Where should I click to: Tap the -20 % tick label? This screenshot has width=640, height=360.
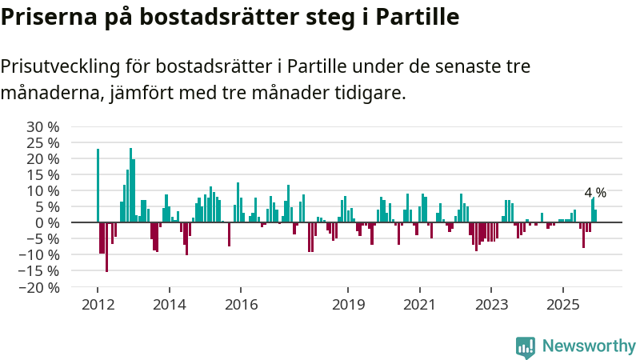[39, 286]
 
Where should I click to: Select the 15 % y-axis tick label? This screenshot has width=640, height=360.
[43, 174]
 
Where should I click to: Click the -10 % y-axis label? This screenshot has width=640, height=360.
[39, 254]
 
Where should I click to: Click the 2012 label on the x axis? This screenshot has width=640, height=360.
[98, 305]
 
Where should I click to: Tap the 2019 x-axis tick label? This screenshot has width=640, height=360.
[348, 305]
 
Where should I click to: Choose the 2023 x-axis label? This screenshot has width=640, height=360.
[491, 305]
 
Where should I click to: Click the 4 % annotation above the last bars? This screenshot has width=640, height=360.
[595, 193]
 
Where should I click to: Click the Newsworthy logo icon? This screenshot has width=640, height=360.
[526, 346]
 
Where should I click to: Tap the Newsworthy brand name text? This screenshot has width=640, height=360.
[589, 346]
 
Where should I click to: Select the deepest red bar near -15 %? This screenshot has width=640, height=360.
[106, 247]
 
